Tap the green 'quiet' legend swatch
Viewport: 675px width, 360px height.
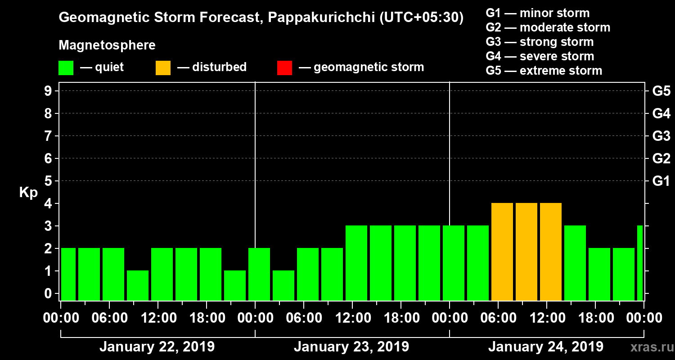(x=66, y=67)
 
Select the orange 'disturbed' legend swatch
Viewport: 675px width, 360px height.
(x=163, y=67)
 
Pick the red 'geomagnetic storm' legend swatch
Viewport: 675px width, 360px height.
(x=284, y=67)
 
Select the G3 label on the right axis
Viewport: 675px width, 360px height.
(x=661, y=136)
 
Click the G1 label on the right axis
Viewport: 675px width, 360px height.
(x=661, y=181)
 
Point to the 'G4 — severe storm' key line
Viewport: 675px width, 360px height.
(x=540, y=56)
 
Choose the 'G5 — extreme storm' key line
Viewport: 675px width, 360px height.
(x=544, y=71)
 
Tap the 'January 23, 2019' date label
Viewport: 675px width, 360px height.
(x=351, y=347)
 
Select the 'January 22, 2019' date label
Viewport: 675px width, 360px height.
(x=157, y=347)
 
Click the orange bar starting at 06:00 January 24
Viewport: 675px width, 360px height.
(x=502, y=252)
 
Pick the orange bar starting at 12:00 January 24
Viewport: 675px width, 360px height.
(x=551, y=252)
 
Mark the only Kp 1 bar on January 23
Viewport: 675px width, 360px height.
(x=283, y=285)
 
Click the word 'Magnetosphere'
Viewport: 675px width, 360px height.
(x=107, y=45)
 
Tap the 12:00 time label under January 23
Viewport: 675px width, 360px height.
(x=352, y=318)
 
